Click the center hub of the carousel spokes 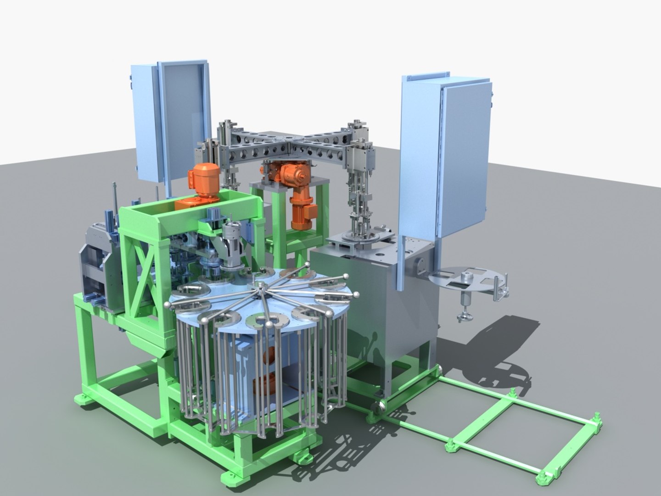260,287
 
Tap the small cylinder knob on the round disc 467,277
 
